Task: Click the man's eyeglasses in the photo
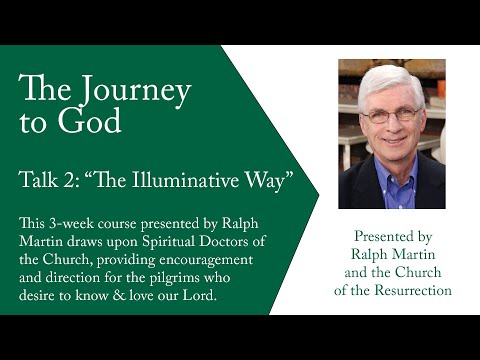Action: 390,115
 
